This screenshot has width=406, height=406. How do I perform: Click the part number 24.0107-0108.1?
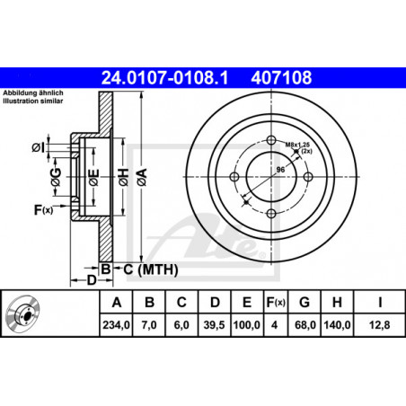tap(164, 77)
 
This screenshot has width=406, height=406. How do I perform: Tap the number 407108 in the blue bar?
tap(281, 77)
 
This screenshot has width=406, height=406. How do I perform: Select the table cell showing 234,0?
tap(116, 325)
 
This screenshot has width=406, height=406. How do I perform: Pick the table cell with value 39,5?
tap(214, 325)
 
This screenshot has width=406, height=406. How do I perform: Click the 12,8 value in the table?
tap(379, 325)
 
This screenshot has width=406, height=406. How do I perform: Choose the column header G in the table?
tap(304, 302)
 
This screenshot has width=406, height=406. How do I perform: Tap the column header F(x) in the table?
tap(276, 302)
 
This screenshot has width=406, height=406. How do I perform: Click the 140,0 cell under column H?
tap(337, 325)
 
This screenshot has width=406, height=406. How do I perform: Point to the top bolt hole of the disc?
tap(271, 140)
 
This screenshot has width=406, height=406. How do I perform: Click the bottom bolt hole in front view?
tap(271, 214)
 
